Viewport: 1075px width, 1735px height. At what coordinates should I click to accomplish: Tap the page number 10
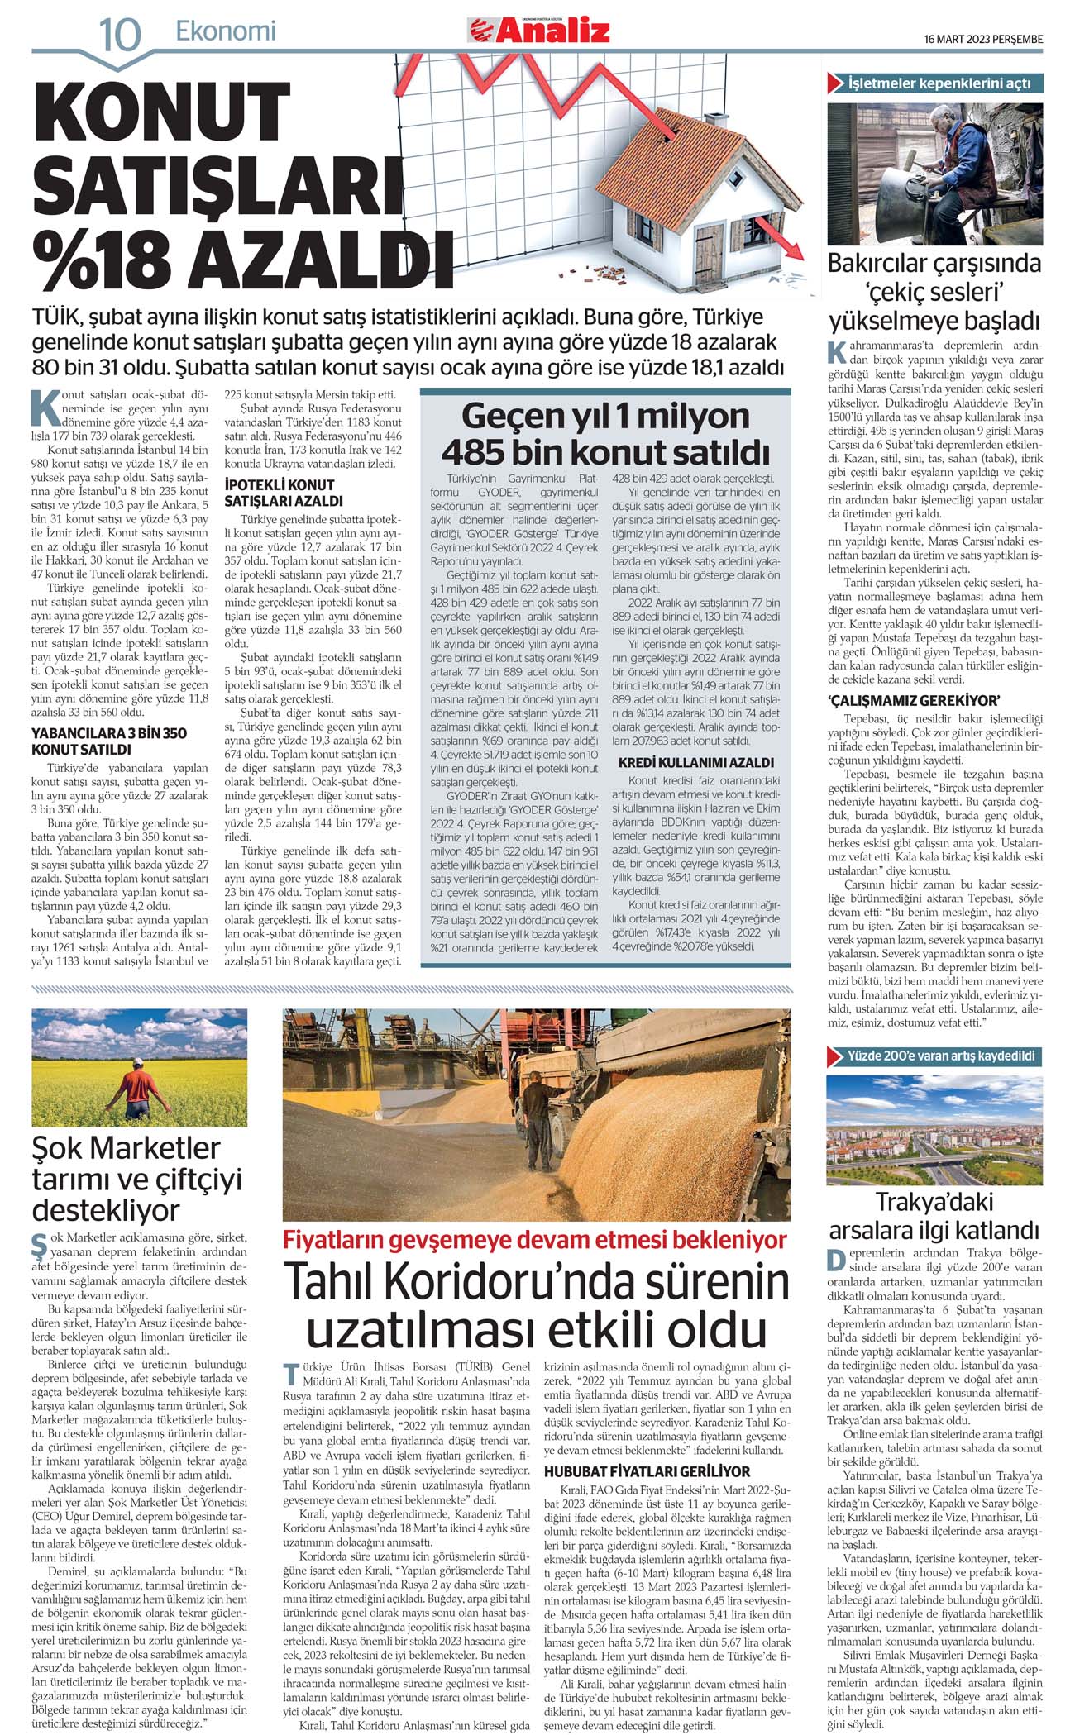pos(120,36)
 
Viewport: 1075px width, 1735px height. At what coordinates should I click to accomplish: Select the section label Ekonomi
pos(225,31)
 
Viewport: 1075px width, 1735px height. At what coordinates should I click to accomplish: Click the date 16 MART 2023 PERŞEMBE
pos(983,39)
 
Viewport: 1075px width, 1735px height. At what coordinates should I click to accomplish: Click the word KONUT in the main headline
pos(161,112)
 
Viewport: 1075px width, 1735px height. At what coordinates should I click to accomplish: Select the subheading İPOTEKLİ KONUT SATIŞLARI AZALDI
pos(279,493)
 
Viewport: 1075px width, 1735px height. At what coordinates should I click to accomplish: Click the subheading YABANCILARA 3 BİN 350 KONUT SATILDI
pos(109,741)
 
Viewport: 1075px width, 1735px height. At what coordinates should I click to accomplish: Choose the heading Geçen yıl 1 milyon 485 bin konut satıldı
pos(605,434)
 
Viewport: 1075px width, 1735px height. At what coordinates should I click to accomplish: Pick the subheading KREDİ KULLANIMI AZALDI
pos(696,762)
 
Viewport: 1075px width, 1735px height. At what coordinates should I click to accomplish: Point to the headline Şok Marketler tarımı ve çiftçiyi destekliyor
pos(137,1178)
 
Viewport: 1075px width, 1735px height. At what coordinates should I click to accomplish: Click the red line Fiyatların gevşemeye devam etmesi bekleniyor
pos(535,1240)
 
